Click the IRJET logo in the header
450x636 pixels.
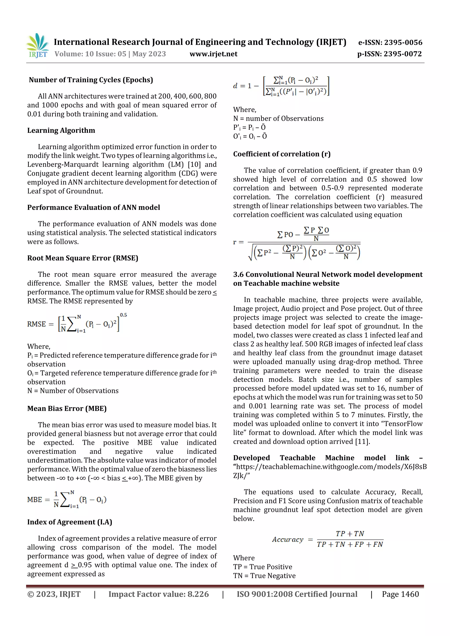pyautogui.click(x=38, y=46)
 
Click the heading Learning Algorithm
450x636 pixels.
pyautogui.click(x=61, y=130)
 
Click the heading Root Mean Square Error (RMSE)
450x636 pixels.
pyautogui.click(x=83, y=258)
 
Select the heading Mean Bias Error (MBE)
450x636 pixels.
pyautogui.click(x=67, y=408)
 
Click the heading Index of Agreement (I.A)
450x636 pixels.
pyautogui.click(x=70, y=522)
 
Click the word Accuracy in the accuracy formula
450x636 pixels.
pyautogui.click(x=288, y=539)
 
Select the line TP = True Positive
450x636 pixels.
pyautogui.click(x=263, y=567)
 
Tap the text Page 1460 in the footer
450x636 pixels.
pyautogui.click(x=400, y=594)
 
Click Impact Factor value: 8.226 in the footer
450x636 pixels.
pyautogui.click(x=158, y=594)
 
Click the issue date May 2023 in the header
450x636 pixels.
pyautogui.click(x=149, y=54)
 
